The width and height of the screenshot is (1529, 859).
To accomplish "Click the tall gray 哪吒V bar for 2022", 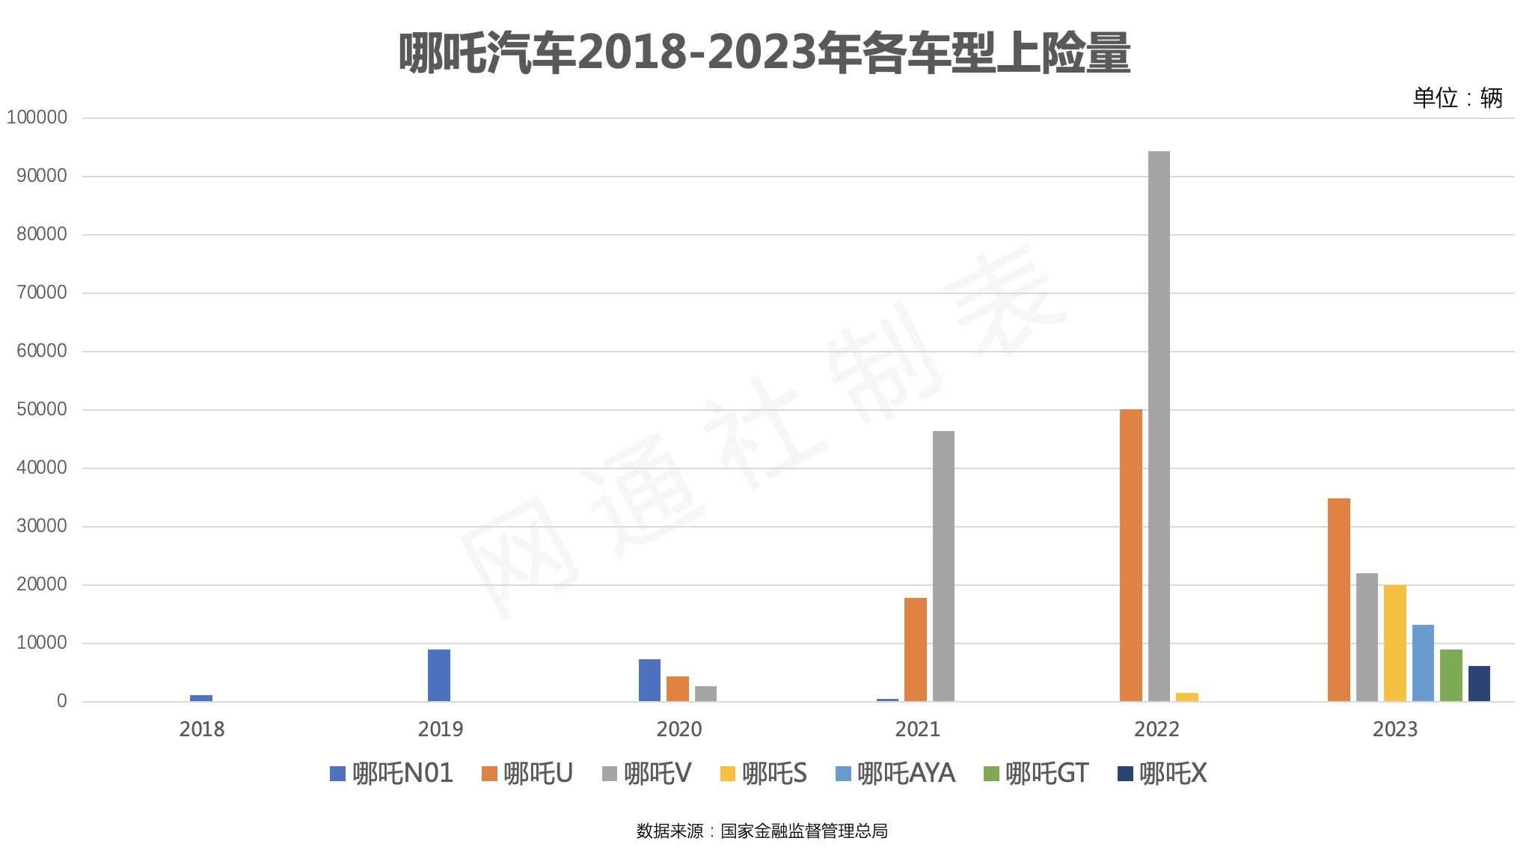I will click(x=1159, y=427).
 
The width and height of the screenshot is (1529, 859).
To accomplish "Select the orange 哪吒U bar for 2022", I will click(x=1130, y=555).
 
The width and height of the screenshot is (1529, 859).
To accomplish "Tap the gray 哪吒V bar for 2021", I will click(x=943, y=566).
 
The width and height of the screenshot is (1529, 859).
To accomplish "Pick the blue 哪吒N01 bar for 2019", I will click(x=439, y=675).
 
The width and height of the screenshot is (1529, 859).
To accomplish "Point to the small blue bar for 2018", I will click(x=201, y=698).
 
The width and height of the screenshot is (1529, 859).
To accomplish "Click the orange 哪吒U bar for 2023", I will click(x=1338, y=599).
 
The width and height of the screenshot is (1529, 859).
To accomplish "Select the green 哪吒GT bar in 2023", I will click(x=1450, y=675).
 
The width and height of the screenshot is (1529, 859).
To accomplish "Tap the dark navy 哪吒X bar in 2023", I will click(x=1479, y=683).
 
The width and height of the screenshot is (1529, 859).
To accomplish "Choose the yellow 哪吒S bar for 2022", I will click(x=1186, y=697).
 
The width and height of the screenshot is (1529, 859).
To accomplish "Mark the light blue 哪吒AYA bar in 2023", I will click(x=1423, y=663).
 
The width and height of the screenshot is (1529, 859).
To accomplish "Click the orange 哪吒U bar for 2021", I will click(x=915, y=649).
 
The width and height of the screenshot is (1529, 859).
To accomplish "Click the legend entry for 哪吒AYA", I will click(x=895, y=773).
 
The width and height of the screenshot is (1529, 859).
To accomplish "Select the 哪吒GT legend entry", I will click(x=1036, y=773).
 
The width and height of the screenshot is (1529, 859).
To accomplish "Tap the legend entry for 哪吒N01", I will click(x=392, y=773).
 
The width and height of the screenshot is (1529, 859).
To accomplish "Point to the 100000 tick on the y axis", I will click(x=37, y=117).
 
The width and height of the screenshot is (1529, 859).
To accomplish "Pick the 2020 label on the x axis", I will click(x=678, y=729).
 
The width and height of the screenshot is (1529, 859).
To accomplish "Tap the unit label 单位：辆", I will click(x=1457, y=98).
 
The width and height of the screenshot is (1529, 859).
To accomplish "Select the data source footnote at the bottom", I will click(x=762, y=831).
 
